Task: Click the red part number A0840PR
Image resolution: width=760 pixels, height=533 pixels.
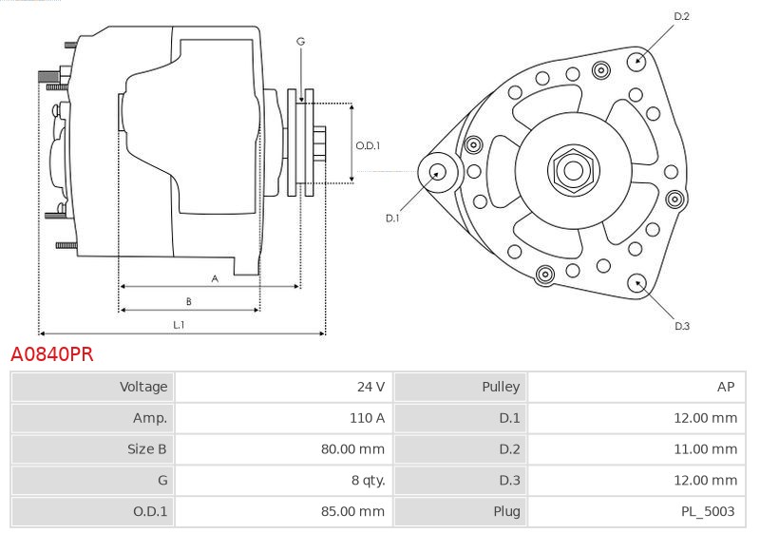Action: coord(51,355)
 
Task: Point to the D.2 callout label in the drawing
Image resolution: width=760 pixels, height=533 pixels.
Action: coord(681,17)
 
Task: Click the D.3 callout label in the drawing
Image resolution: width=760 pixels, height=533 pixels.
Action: coord(682,327)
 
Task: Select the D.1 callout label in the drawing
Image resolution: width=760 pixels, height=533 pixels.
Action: coord(392,218)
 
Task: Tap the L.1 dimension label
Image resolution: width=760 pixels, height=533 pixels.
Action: coord(179,325)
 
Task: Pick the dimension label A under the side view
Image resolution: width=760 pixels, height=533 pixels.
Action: coord(215,278)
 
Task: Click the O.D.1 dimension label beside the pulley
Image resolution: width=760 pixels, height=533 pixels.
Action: coord(368,145)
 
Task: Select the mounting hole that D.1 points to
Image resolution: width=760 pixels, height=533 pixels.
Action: coord(438,172)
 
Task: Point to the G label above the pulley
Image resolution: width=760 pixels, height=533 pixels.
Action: coord(300,41)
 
